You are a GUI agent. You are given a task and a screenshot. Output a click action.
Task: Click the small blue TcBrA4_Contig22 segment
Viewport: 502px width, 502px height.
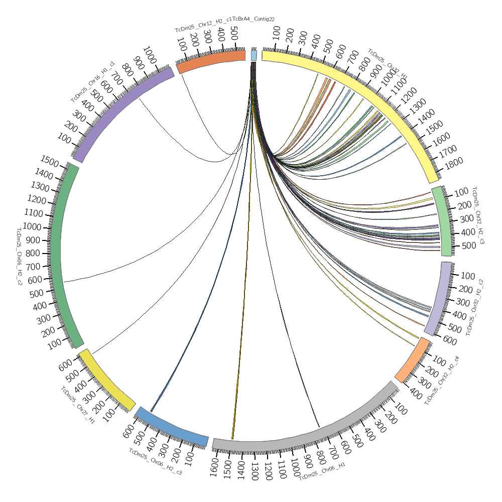click(254, 55)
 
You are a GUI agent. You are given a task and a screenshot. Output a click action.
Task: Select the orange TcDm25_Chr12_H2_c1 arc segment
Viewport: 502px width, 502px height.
click(211, 61)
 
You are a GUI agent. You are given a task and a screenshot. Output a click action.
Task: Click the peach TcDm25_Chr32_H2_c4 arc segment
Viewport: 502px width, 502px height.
click(412, 360)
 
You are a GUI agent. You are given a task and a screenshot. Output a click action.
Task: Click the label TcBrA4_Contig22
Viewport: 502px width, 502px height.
click(254, 19)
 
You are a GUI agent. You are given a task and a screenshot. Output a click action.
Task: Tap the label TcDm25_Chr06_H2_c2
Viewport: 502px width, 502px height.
click(20, 256)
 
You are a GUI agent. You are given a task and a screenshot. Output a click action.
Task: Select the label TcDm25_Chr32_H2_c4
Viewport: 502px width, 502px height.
click(442, 381)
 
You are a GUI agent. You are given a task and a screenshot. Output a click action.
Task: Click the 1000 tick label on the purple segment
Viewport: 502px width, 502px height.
click(150, 53)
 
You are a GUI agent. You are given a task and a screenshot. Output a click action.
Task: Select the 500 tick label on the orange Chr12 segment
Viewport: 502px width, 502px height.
click(233, 34)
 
